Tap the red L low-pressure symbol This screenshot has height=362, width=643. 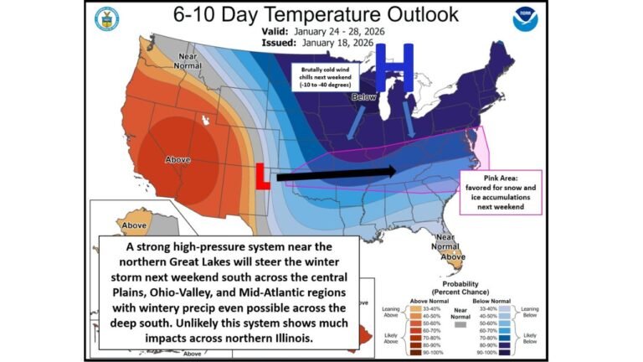click(x=261, y=177)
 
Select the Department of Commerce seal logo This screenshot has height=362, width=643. click(x=106, y=18)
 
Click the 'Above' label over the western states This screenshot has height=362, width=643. click(x=178, y=159)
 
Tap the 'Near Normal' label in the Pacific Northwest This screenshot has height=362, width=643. click(x=185, y=60)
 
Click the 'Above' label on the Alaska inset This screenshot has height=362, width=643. click(x=134, y=225)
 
